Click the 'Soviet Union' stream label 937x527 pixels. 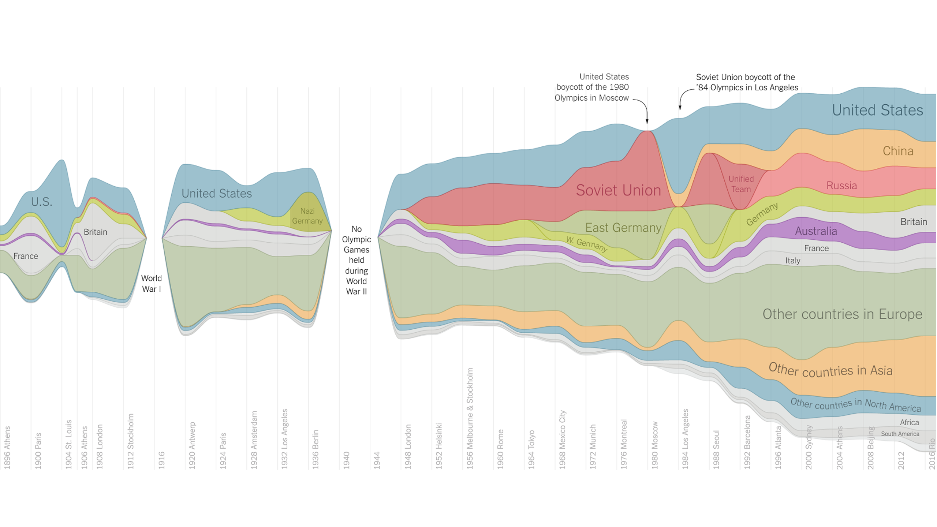[618, 190]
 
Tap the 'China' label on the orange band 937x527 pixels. [898, 151]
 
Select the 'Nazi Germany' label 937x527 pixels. [307, 216]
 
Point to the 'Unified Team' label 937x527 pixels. [741, 184]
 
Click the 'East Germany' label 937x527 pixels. [623, 228]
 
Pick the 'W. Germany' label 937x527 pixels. [586, 244]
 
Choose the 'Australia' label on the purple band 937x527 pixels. [816, 231]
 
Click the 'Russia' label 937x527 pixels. [841, 186]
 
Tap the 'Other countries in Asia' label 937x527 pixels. [830, 370]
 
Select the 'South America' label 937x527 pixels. [900, 434]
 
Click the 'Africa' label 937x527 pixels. [909, 422]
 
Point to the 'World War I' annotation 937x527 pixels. [151, 284]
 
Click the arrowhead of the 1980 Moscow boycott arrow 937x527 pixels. [647, 122]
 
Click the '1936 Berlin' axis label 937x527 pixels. [316, 449]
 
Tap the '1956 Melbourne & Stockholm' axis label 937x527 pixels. [470, 418]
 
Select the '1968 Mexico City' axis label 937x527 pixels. [563, 440]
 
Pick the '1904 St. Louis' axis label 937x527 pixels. [68, 444]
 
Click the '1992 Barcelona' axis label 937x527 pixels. [747, 442]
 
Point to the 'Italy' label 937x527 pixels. [793, 261]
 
